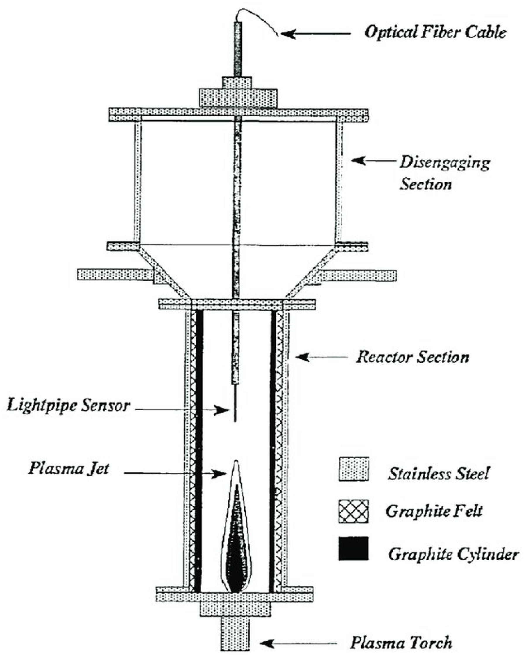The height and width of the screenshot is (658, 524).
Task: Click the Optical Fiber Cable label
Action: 435,32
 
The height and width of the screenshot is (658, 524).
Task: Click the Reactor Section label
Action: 412,357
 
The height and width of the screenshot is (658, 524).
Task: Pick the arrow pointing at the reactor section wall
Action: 321,357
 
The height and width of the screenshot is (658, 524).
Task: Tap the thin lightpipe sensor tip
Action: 235,406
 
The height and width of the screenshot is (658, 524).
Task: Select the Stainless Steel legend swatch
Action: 353,469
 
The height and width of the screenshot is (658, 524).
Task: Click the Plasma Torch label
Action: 401,643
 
